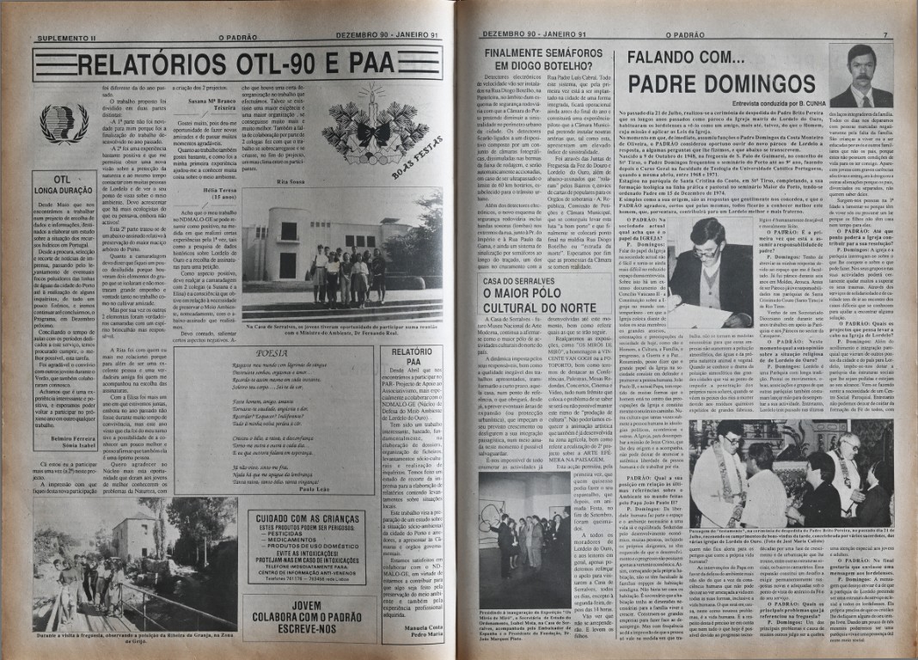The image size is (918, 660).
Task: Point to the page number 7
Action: point(883,38)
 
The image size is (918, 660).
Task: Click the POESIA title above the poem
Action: point(272,352)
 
